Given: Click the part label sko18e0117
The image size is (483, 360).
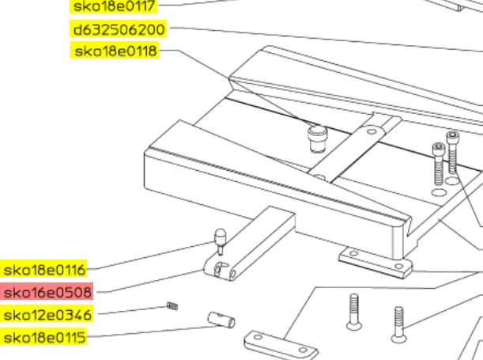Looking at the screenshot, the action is pyautogui.click(x=114, y=6).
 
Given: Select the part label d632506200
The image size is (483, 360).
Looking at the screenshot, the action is pyautogui.click(x=119, y=29).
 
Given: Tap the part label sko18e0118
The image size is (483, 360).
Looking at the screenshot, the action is pyautogui.click(x=115, y=50).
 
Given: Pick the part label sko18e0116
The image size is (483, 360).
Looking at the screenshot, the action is pyautogui.click(x=44, y=269).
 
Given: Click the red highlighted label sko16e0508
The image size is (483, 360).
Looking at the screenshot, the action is pyautogui.click(x=47, y=292).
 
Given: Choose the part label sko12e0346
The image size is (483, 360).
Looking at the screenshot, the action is pyautogui.click(x=47, y=314).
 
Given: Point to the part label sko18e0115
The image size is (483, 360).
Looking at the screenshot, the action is pyautogui.click(x=44, y=336).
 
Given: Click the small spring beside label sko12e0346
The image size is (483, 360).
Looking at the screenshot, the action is pyautogui.click(x=172, y=305).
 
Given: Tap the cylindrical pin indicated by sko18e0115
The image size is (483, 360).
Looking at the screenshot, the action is pyautogui.click(x=221, y=320).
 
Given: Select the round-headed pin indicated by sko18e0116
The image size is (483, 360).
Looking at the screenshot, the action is pyautogui.click(x=220, y=241).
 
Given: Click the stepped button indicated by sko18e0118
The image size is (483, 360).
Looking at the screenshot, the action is pyautogui.click(x=317, y=138).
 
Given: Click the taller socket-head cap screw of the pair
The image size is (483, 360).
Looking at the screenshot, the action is pyautogui.click(x=452, y=152).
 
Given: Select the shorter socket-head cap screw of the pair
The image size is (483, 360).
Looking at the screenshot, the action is pyautogui.click(x=439, y=164).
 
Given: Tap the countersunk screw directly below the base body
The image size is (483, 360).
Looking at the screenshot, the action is pyautogui.click(x=354, y=312).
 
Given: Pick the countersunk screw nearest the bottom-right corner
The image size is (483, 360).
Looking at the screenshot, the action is pyautogui.click(x=399, y=324).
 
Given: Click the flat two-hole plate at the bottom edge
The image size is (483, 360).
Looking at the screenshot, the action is pyautogui.click(x=281, y=345).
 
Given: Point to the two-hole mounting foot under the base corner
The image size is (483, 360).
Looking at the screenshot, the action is pyautogui.click(x=375, y=263).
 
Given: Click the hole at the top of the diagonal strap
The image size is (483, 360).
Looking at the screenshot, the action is pyautogui.click(x=372, y=131).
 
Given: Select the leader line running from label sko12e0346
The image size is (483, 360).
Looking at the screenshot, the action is pyautogui.click(x=133, y=310).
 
